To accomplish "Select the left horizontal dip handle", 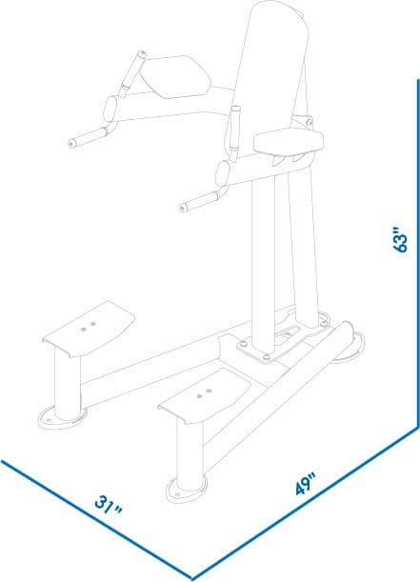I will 90,138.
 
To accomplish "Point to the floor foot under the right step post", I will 186,489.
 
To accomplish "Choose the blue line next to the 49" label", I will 305,505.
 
